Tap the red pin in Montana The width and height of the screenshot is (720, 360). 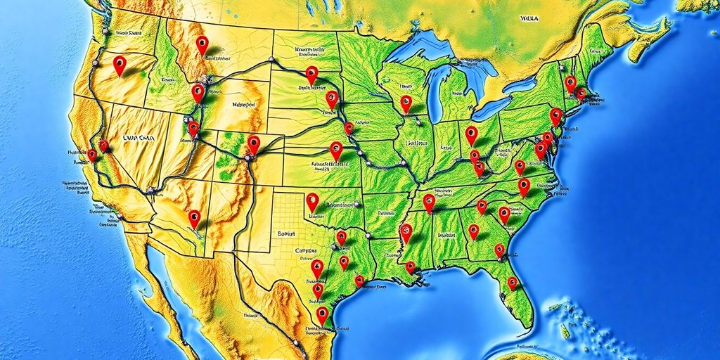[x=202, y=44]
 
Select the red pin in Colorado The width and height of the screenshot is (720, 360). [x=254, y=144]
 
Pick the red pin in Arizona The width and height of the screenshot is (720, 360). [x=194, y=218]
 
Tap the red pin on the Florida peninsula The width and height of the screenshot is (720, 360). [x=513, y=283]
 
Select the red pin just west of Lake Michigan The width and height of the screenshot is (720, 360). [x=406, y=103]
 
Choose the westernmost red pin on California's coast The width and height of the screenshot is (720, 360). [x=91, y=155]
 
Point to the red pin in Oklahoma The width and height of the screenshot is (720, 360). [x=312, y=201]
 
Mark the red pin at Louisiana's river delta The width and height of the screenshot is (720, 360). [x=410, y=267]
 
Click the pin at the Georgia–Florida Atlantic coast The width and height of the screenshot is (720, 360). [x=499, y=250]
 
